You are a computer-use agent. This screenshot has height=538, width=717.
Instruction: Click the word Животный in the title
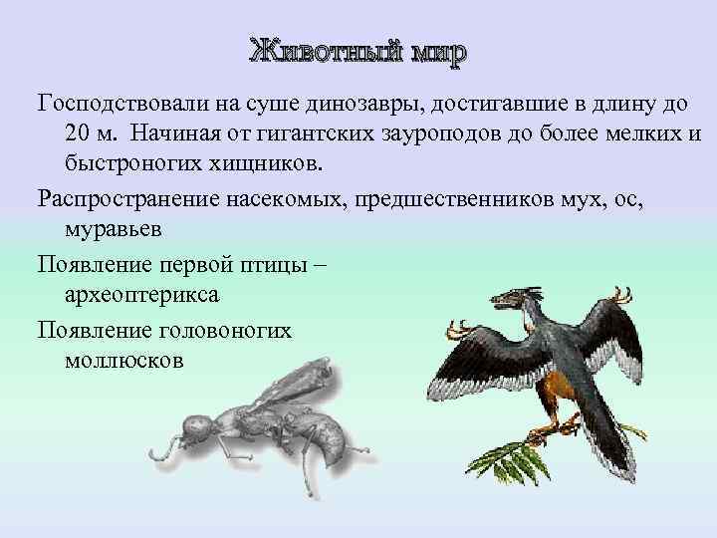(321, 51)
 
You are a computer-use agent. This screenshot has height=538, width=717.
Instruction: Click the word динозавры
(378, 104)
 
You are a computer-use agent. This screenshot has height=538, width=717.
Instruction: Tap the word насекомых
(282, 199)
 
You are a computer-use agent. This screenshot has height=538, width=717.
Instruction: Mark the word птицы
(276, 265)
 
